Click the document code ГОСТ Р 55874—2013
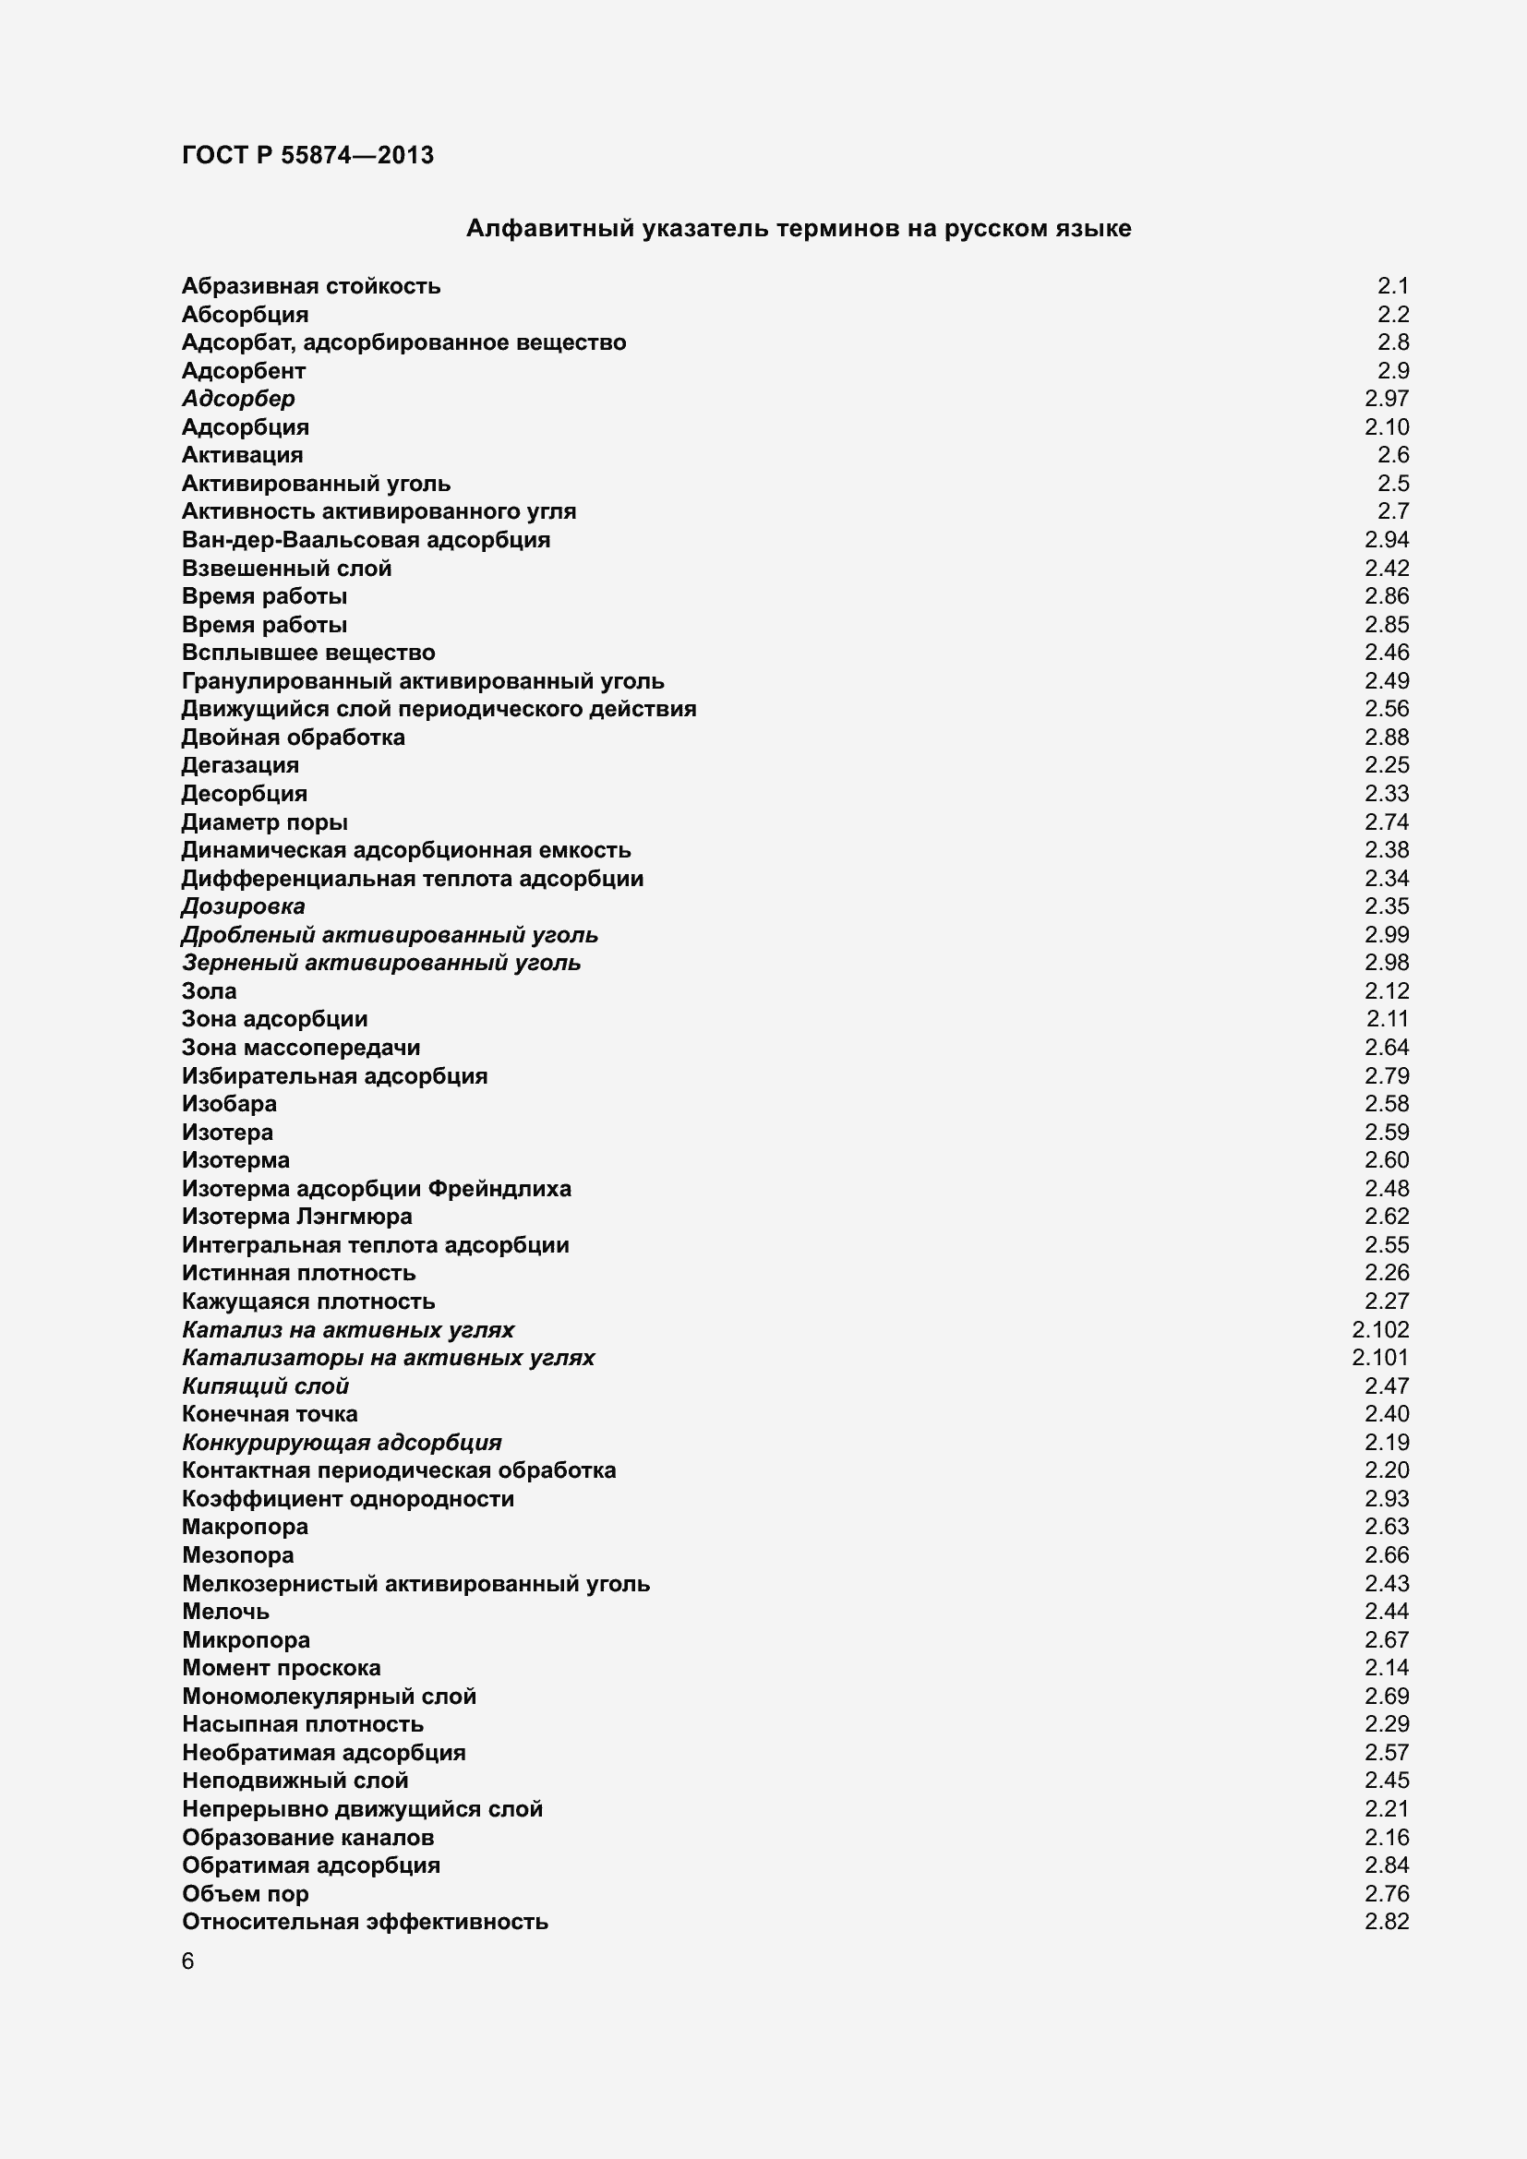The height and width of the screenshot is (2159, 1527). [307, 155]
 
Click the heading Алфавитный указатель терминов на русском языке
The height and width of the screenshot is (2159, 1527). [799, 229]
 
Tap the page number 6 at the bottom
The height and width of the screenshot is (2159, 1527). [188, 1961]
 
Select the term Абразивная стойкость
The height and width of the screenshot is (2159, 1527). [310, 286]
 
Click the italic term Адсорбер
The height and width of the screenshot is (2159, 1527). [238, 399]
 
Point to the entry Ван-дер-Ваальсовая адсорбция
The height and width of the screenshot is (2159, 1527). [366, 540]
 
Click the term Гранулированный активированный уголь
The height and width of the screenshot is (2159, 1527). [422, 681]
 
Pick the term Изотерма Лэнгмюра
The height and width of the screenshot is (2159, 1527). [296, 1216]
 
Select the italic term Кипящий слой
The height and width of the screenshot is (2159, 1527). [265, 1385]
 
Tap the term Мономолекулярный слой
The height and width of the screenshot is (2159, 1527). [329, 1696]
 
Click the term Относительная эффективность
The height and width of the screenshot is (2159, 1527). [365, 1921]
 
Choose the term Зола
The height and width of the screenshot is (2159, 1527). [209, 990]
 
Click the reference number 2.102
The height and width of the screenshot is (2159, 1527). [1379, 1328]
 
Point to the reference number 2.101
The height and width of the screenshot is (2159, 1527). [1379, 1357]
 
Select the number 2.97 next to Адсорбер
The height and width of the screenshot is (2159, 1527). [1386, 399]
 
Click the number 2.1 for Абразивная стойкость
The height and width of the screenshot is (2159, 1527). [1392, 286]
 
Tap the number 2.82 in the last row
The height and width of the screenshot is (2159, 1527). [1386, 1921]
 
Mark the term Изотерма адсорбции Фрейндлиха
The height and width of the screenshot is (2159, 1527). [376, 1188]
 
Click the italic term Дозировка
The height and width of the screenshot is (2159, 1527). [243, 906]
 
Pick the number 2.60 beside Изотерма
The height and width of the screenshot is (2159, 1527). [1386, 1159]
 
